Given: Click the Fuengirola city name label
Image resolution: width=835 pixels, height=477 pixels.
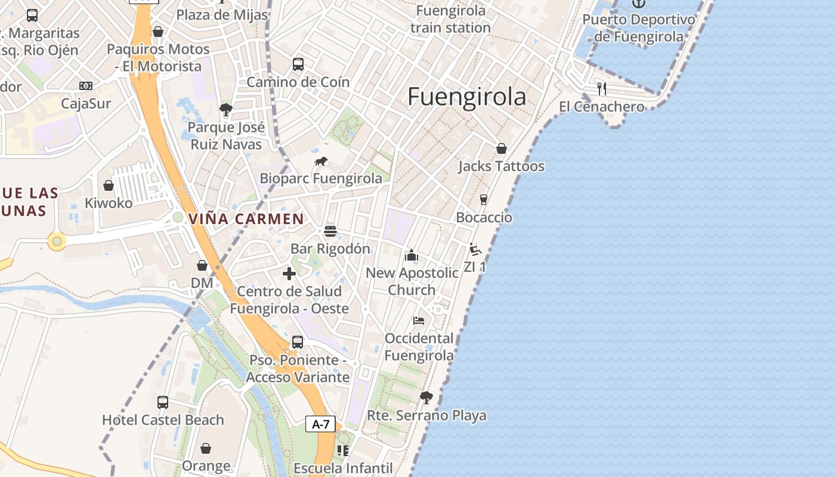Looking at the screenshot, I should click(x=467, y=97).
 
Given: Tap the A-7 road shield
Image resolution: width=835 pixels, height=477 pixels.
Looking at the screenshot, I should click(x=320, y=424).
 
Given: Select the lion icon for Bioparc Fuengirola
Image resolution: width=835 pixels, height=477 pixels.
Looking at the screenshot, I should click(x=321, y=162).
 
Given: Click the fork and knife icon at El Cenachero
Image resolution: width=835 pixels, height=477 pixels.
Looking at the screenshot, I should click(x=602, y=89).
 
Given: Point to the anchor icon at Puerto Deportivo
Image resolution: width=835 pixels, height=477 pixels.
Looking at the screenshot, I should click(x=639, y=3).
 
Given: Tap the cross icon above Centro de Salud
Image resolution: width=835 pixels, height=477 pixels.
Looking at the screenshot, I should click(x=289, y=274).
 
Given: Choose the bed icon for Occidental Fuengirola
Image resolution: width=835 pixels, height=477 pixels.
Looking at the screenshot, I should click(x=419, y=321).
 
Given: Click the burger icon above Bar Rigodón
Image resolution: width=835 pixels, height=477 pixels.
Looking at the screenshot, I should click(x=330, y=231).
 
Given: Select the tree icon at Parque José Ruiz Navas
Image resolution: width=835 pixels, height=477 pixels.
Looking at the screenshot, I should click(x=225, y=110).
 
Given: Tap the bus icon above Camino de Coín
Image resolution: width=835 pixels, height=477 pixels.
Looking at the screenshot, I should click(x=298, y=64).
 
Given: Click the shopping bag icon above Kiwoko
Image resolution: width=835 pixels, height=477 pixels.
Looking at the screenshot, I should click(x=109, y=185).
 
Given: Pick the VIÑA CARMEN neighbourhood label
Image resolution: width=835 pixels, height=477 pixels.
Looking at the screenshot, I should click(x=246, y=219).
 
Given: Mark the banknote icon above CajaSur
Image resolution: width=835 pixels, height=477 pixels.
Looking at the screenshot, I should click(x=86, y=86).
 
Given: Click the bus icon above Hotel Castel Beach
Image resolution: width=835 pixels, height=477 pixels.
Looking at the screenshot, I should click(x=163, y=402).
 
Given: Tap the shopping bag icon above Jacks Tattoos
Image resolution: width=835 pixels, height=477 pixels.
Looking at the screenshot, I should click(x=502, y=148).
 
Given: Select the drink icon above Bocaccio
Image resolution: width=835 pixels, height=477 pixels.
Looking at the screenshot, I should click(x=484, y=200).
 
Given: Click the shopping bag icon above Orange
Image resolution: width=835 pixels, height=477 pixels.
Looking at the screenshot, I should click(x=206, y=448).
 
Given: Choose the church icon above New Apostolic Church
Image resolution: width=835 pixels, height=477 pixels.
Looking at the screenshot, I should click(x=412, y=256).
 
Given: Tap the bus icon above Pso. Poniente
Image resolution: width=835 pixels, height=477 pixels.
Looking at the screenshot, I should click(x=298, y=342).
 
